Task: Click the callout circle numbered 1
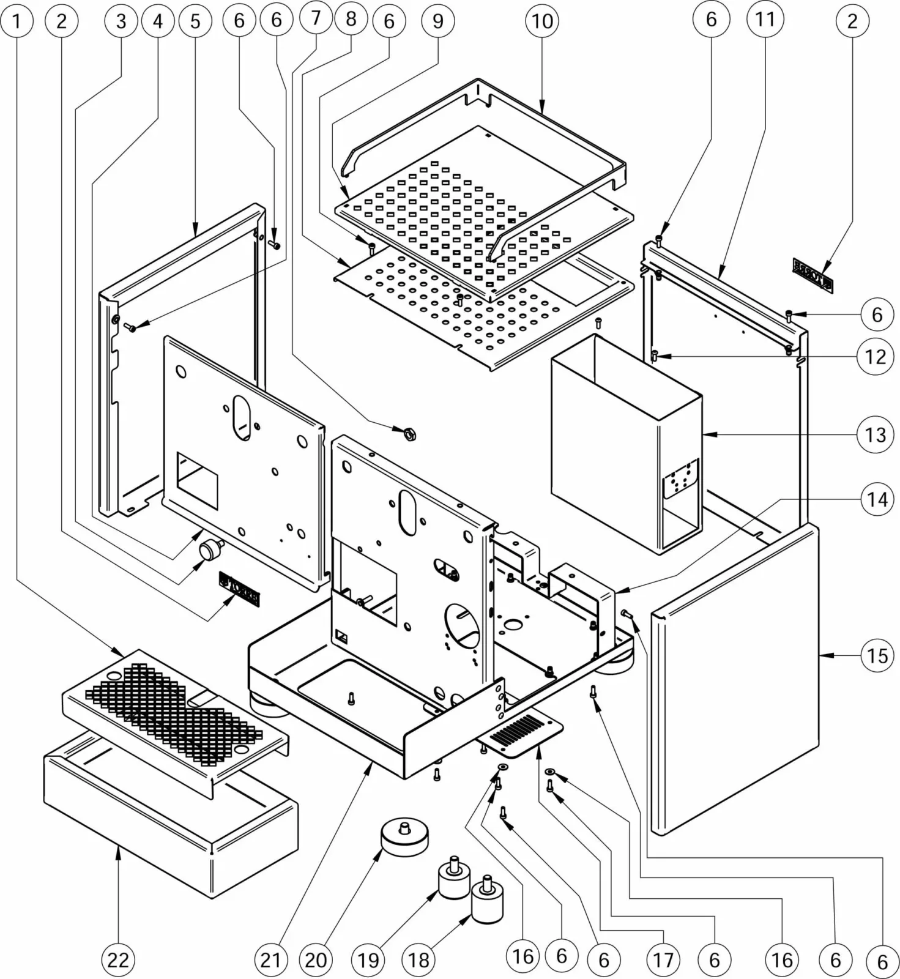[17, 21]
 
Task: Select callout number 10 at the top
[542, 21]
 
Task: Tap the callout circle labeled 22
[118, 959]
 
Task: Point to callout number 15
[876, 656]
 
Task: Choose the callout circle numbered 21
[270, 959]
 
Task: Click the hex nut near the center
[408, 434]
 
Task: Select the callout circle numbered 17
[663, 959]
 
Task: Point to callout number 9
[438, 21]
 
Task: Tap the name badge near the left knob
[239, 589]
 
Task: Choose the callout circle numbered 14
[876, 499]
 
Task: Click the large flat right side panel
[734, 679]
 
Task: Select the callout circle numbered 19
[368, 959]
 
